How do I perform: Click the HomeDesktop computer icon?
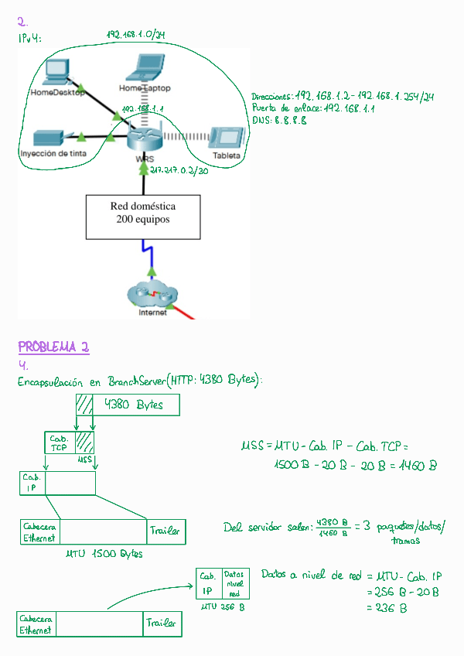[57, 72]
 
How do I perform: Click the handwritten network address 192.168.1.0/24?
[138, 35]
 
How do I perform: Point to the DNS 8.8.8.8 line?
[279, 121]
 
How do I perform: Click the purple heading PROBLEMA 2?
[53, 347]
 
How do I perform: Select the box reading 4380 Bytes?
[137, 405]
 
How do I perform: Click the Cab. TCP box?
[60, 443]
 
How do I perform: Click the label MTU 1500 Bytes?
[104, 554]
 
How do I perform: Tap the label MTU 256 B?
[223, 607]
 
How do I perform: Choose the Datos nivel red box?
[236, 584]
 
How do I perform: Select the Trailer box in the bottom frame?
[162, 624]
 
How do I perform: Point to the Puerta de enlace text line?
[313, 109]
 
